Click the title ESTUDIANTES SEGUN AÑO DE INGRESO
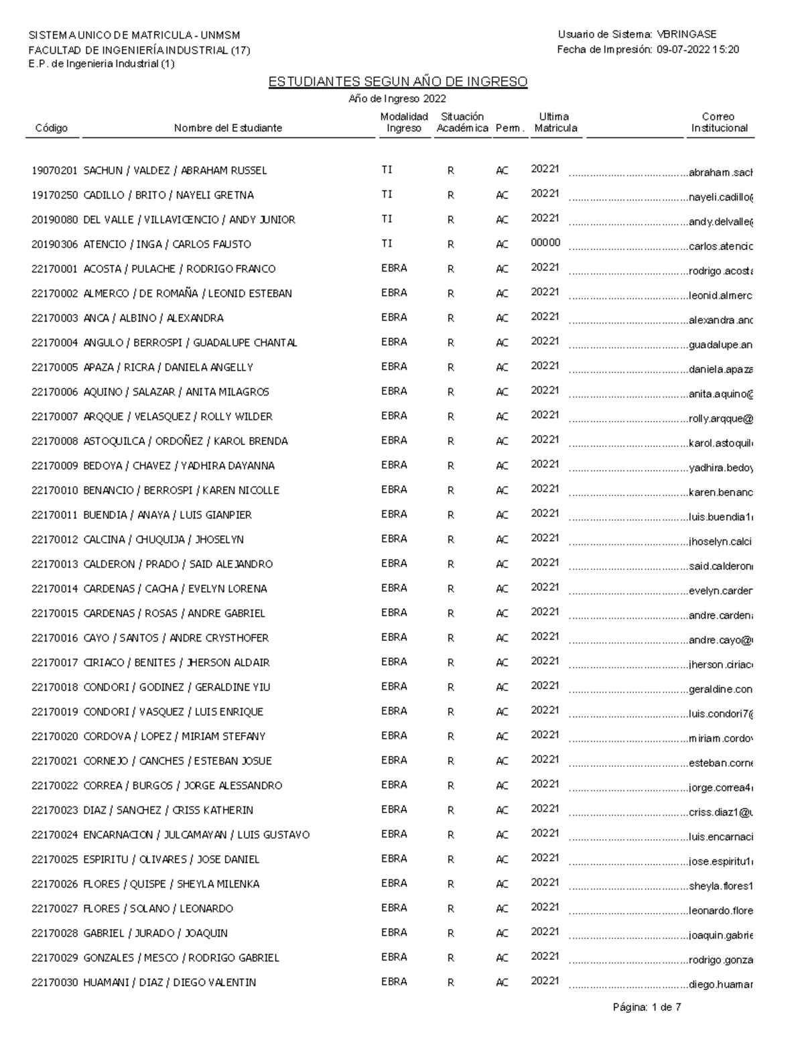point(398,82)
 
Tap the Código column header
point(52,128)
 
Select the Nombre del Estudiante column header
point(228,128)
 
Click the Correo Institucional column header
point(719,122)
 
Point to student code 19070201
point(55,171)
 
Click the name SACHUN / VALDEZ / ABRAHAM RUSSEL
point(175,171)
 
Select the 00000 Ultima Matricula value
point(545,243)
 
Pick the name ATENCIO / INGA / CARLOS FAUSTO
point(167,245)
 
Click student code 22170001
point(55,269)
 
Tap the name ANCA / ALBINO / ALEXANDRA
point(153,318)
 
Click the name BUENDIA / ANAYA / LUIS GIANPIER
point(167,515)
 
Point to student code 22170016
point(55,638)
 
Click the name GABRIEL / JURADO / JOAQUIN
point(155,933)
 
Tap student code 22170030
point(55,983)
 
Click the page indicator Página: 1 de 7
point(647,1007)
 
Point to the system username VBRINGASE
point(687,34)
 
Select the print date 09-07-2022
point(683,50)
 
